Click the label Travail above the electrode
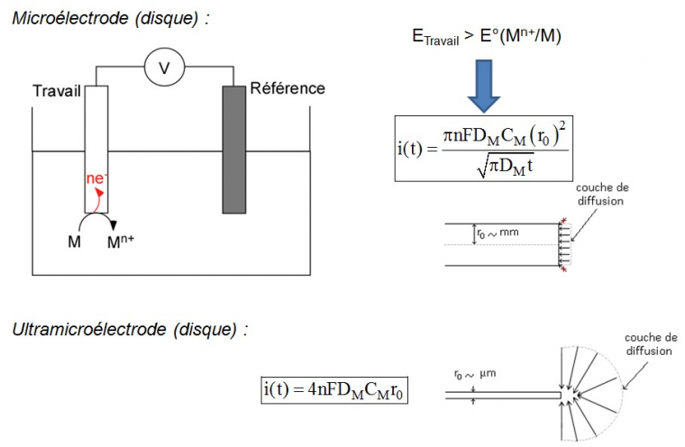pyautogui.click(x=57, y=91)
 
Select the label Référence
pyautogui.click(x=287, y=88)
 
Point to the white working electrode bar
pyautogui.click(x=96, y=149)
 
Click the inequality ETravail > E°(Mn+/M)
pyautogui.click(x=488, y=35)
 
